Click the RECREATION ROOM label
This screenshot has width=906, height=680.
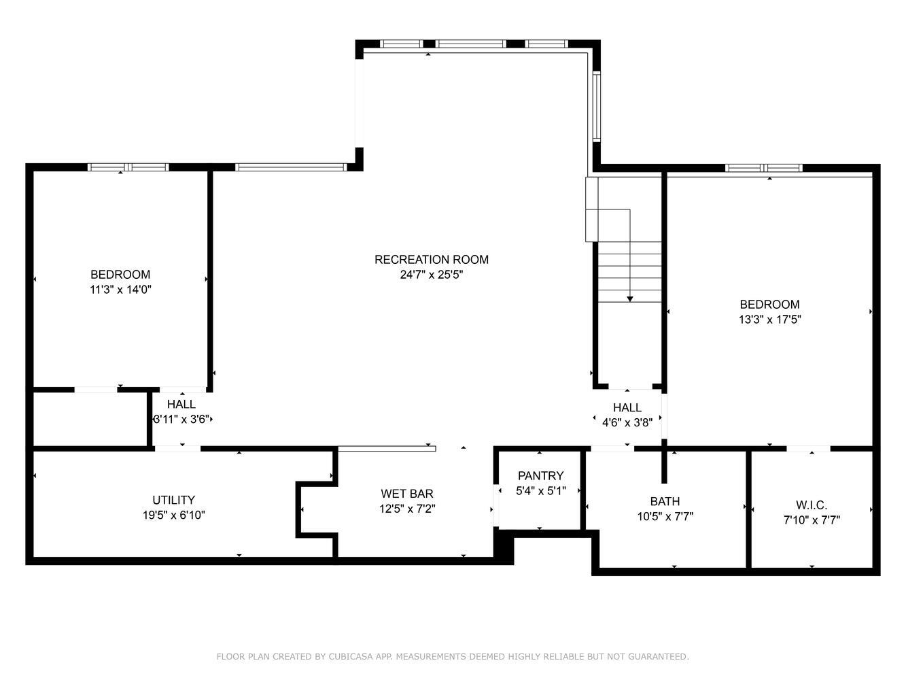click(431, 259)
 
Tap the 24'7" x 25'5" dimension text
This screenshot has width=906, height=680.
click(431, 275)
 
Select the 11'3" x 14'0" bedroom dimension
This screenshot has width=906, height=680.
click(120, 290)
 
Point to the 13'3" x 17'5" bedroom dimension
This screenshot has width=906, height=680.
click(769, 320)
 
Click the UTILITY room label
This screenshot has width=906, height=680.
click(173, 500)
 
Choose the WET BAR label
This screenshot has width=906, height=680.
click(406, 494)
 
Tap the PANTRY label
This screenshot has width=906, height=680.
click(540, 475)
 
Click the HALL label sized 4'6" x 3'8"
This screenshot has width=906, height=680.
click(627, 407)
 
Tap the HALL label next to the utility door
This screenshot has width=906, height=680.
click(181, 405)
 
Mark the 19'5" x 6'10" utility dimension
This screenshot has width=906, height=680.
click(173, 515)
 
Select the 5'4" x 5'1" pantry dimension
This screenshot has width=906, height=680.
click(540, 490)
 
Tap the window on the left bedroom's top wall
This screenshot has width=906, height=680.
click(128, 167)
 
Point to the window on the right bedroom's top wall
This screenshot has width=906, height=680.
click(764, 168)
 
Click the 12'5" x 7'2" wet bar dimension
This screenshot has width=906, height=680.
click(406, 509)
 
